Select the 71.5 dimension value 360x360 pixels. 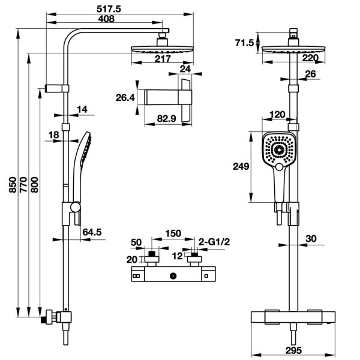click(244, 42)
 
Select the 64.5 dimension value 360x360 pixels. click(92, 231)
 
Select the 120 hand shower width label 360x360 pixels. click(277, 114)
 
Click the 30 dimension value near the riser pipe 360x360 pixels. click(311, 238)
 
